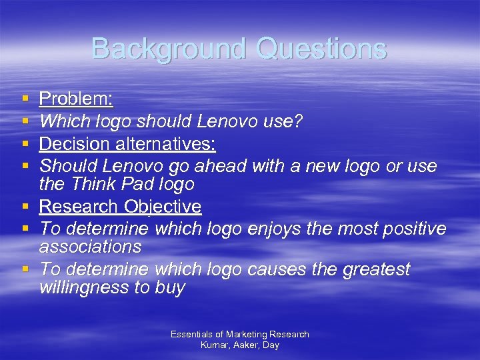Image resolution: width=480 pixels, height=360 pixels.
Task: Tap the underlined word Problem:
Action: pos(76,100)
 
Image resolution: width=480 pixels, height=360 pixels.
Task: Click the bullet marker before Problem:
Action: pos(25,99)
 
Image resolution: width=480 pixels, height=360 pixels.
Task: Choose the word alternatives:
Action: pos(174,144)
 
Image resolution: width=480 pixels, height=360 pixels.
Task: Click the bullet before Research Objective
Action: pos(25,207)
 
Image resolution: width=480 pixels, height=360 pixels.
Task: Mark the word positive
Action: pos(414,229)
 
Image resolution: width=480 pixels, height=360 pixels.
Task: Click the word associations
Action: pos(90,247)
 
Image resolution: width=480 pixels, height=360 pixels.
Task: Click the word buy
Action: pos(171,289)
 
